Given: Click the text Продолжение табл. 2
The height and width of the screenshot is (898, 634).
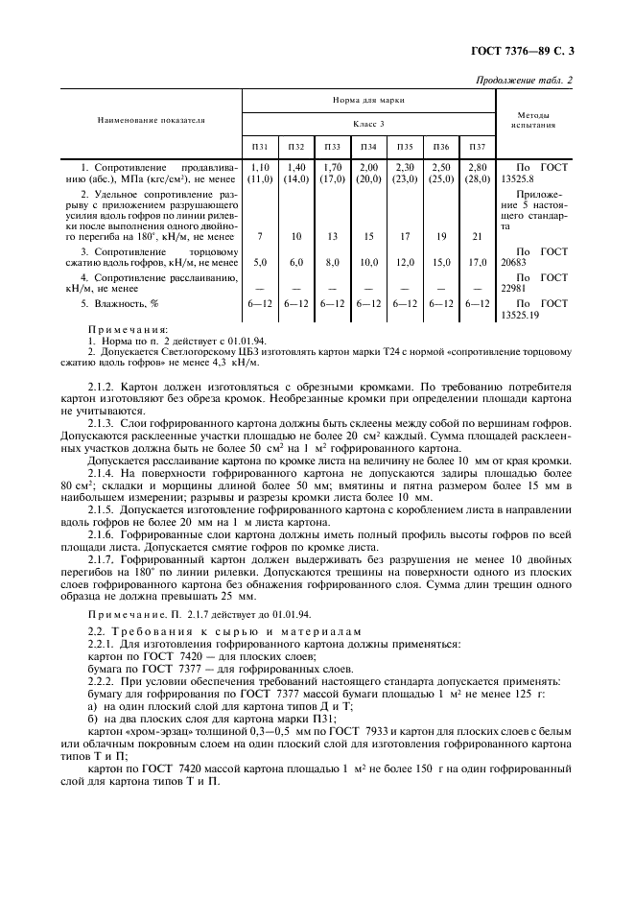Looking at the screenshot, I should (x=525, y=80).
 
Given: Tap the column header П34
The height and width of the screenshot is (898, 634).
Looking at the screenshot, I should (x=367, y=147).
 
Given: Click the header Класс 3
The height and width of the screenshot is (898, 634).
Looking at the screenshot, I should (x=368, y=123).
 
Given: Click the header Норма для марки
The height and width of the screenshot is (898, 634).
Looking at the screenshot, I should (x=368, y=99).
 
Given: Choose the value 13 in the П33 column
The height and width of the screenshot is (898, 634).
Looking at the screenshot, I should (x=332, y=236).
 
